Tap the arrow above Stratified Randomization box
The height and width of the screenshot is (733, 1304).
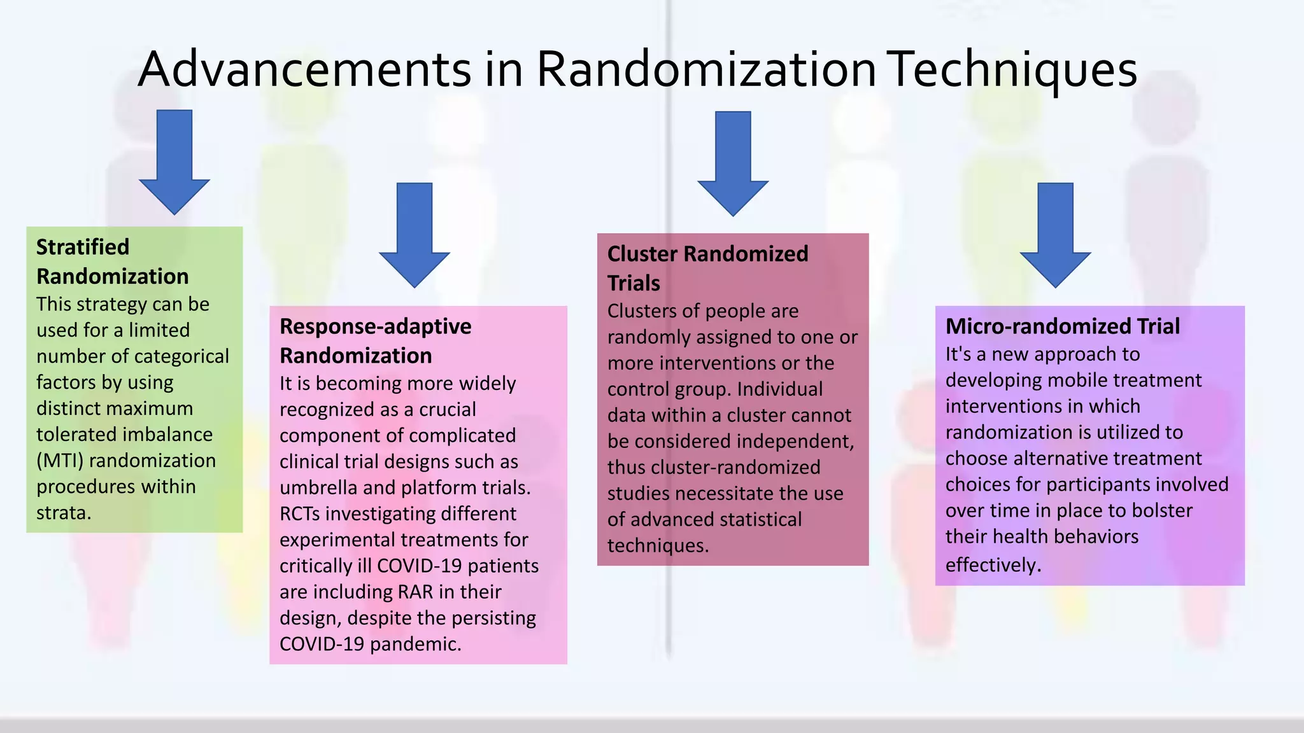coord(174,162)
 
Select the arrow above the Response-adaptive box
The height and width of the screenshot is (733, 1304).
coord(415,235)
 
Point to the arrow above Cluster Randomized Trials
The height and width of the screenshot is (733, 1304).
coord(733,164)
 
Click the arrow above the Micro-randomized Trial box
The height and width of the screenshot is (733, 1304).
coord(1055,235)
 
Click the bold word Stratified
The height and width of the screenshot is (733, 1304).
coord(83,247)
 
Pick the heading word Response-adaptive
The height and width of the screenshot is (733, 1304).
coord(376,326)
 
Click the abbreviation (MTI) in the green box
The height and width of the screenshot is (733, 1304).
coord(60,460)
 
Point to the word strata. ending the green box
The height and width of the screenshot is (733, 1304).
coord(64,512)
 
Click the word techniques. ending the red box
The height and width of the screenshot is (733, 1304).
coord(658,545)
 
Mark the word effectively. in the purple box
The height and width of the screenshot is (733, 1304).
coord(993,564)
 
